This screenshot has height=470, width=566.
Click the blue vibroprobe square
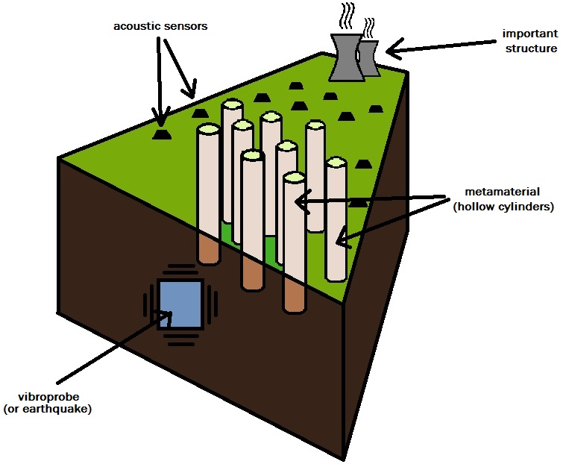point(179,304)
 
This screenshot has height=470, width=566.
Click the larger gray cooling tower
point(346,57)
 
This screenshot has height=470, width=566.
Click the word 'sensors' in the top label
point(186,27)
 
